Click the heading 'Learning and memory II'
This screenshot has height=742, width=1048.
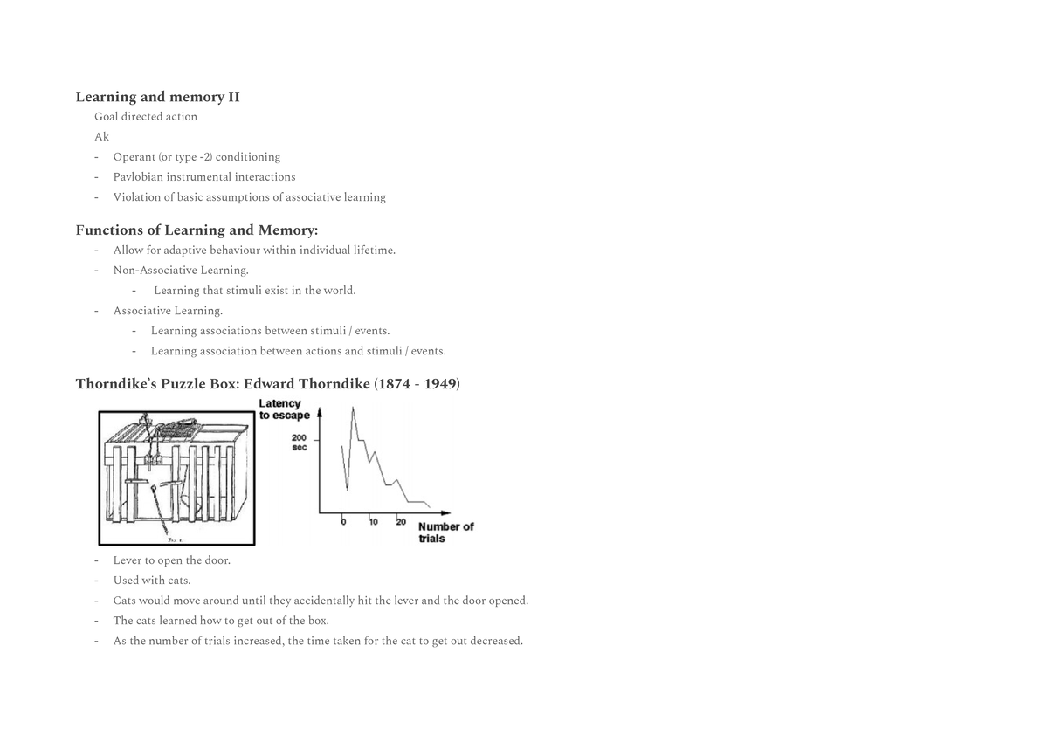157,97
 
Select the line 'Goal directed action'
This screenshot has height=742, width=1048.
146,117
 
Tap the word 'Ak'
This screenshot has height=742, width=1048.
102,137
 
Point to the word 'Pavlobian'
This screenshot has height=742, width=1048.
138,177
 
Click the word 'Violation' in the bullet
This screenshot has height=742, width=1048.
136,197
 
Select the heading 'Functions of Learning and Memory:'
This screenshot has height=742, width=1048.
196,230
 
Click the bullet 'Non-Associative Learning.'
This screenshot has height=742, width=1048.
181,271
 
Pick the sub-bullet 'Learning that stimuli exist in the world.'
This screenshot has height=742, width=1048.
254,291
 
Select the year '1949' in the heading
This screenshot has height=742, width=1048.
440,385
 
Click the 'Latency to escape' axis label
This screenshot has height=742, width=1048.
284,409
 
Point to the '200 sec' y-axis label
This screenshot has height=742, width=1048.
299,443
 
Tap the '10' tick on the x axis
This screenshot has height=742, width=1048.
373,522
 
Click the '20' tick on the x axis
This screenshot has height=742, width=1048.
401,522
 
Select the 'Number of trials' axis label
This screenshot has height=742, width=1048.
445,532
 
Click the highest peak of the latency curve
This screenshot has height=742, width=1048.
353,408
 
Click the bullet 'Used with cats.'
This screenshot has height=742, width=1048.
152,581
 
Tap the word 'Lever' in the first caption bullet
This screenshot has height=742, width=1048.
128,560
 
